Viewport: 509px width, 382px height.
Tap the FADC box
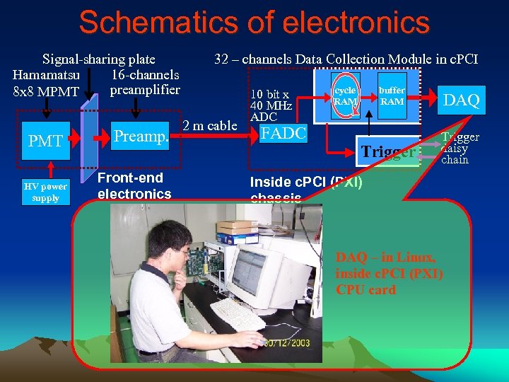click(x=283, y=134)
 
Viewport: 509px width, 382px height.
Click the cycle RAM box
click(x=345, y=95)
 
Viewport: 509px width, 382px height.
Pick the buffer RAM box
click(x=392, y=95)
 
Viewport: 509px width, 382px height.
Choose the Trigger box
click(x=387, y=151)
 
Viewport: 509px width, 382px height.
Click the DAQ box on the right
click(x=462, y=100)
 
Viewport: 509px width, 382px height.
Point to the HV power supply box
click(x=45, y=192)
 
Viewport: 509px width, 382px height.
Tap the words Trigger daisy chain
click(x=460, y=148)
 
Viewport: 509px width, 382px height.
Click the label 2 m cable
click(x=209, y=126)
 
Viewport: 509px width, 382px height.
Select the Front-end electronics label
click(x=134, y=185)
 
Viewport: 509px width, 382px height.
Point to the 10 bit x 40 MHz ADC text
click(x=271, y=105)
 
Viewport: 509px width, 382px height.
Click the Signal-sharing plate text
click(x=99, y=59)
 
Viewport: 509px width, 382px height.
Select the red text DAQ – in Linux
click(x=385, y=257)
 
